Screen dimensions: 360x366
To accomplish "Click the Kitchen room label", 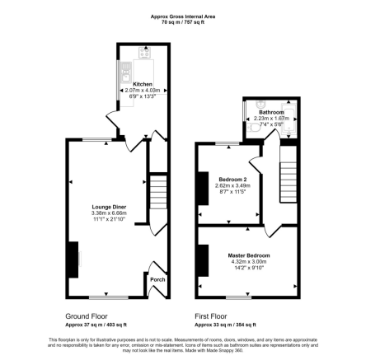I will click(143, 83).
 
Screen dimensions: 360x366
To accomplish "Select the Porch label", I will click(157, 279).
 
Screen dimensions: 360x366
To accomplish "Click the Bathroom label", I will click(271, 111).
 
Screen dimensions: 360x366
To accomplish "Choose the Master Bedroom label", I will click(248, 255).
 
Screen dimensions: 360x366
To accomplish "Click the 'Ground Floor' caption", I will click(86, 316).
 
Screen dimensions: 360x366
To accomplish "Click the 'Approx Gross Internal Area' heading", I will click(182, 15).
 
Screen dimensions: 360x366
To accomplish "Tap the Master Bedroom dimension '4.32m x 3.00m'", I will click(248, 261).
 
